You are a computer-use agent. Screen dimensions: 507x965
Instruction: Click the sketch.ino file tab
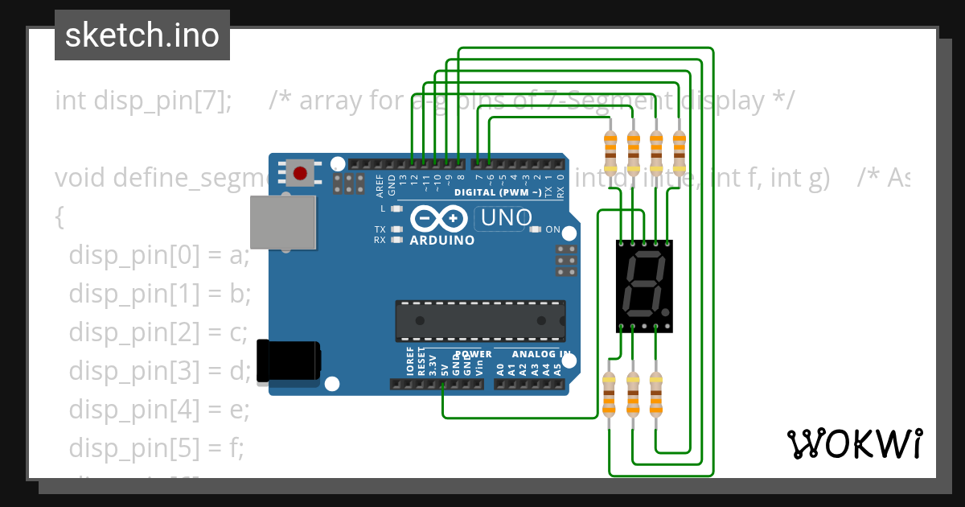[x=142, y=35]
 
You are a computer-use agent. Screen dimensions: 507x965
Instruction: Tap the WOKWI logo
[x=854, y=443]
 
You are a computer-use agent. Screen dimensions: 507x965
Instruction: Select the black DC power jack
[x=287, y=359]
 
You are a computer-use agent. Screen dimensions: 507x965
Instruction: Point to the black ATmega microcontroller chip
[x=479, y=319]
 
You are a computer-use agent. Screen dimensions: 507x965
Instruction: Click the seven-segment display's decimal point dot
[x=667, y=311]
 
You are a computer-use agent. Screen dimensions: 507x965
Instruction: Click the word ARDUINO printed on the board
[x=441, y=240]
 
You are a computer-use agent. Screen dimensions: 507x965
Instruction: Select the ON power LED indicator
[x=536, y=229]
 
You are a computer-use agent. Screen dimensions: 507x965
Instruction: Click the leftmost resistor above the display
[x=610, y=154]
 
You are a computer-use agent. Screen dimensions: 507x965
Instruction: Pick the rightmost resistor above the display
[x=680, y=154]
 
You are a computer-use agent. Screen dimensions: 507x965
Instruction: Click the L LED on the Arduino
[x=395, y=208]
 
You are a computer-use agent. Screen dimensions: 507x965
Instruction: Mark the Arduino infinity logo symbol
[x=439, y=219]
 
